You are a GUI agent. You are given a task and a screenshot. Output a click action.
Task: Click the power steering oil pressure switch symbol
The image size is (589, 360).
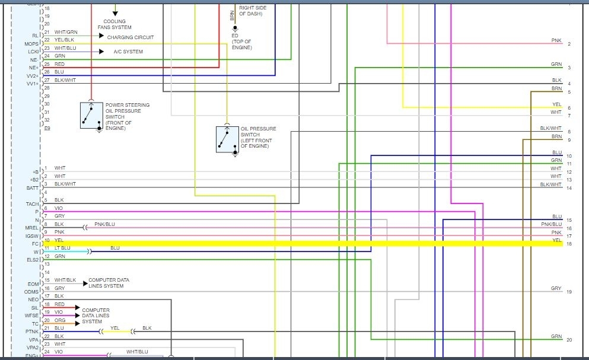tap(91, 115)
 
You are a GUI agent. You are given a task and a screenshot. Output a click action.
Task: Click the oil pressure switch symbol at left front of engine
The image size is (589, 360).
tap(227, 139)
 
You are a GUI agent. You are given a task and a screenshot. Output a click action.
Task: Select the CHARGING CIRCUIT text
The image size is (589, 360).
tap(130, 37)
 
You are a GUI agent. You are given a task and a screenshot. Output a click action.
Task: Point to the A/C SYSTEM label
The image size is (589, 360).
tap(128, 52)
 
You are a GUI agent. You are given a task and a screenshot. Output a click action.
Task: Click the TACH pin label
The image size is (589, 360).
tap(32, 204)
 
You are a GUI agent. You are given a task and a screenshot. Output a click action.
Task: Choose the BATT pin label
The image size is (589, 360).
tap(32, 187)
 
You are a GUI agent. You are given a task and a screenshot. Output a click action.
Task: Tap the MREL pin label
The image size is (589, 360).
tap(32, 228)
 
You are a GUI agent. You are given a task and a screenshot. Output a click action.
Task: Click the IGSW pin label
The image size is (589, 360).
tap(32, 236)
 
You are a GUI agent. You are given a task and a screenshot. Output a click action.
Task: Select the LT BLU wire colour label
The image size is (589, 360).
tap(62, 248)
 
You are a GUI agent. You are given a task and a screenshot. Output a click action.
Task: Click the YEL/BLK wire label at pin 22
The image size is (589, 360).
tap(65, 40)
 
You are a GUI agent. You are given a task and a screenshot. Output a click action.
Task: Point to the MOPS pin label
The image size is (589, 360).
tap(31, 44)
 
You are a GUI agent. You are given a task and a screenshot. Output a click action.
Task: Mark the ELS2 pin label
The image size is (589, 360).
tap(32, 260)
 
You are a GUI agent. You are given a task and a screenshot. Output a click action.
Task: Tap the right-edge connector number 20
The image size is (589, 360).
tap(569, 340)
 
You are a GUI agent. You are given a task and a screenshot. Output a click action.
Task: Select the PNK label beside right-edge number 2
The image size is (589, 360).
tap(556, 40)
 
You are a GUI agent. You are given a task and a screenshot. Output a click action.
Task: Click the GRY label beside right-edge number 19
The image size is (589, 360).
tap(555, 289)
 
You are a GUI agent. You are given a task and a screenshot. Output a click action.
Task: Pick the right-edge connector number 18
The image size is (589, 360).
tap(569, 244)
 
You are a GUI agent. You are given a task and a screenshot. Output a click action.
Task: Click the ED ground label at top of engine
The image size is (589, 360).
tap(235, 35)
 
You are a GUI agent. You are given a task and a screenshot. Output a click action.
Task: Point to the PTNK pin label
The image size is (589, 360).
tap(32, 332)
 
